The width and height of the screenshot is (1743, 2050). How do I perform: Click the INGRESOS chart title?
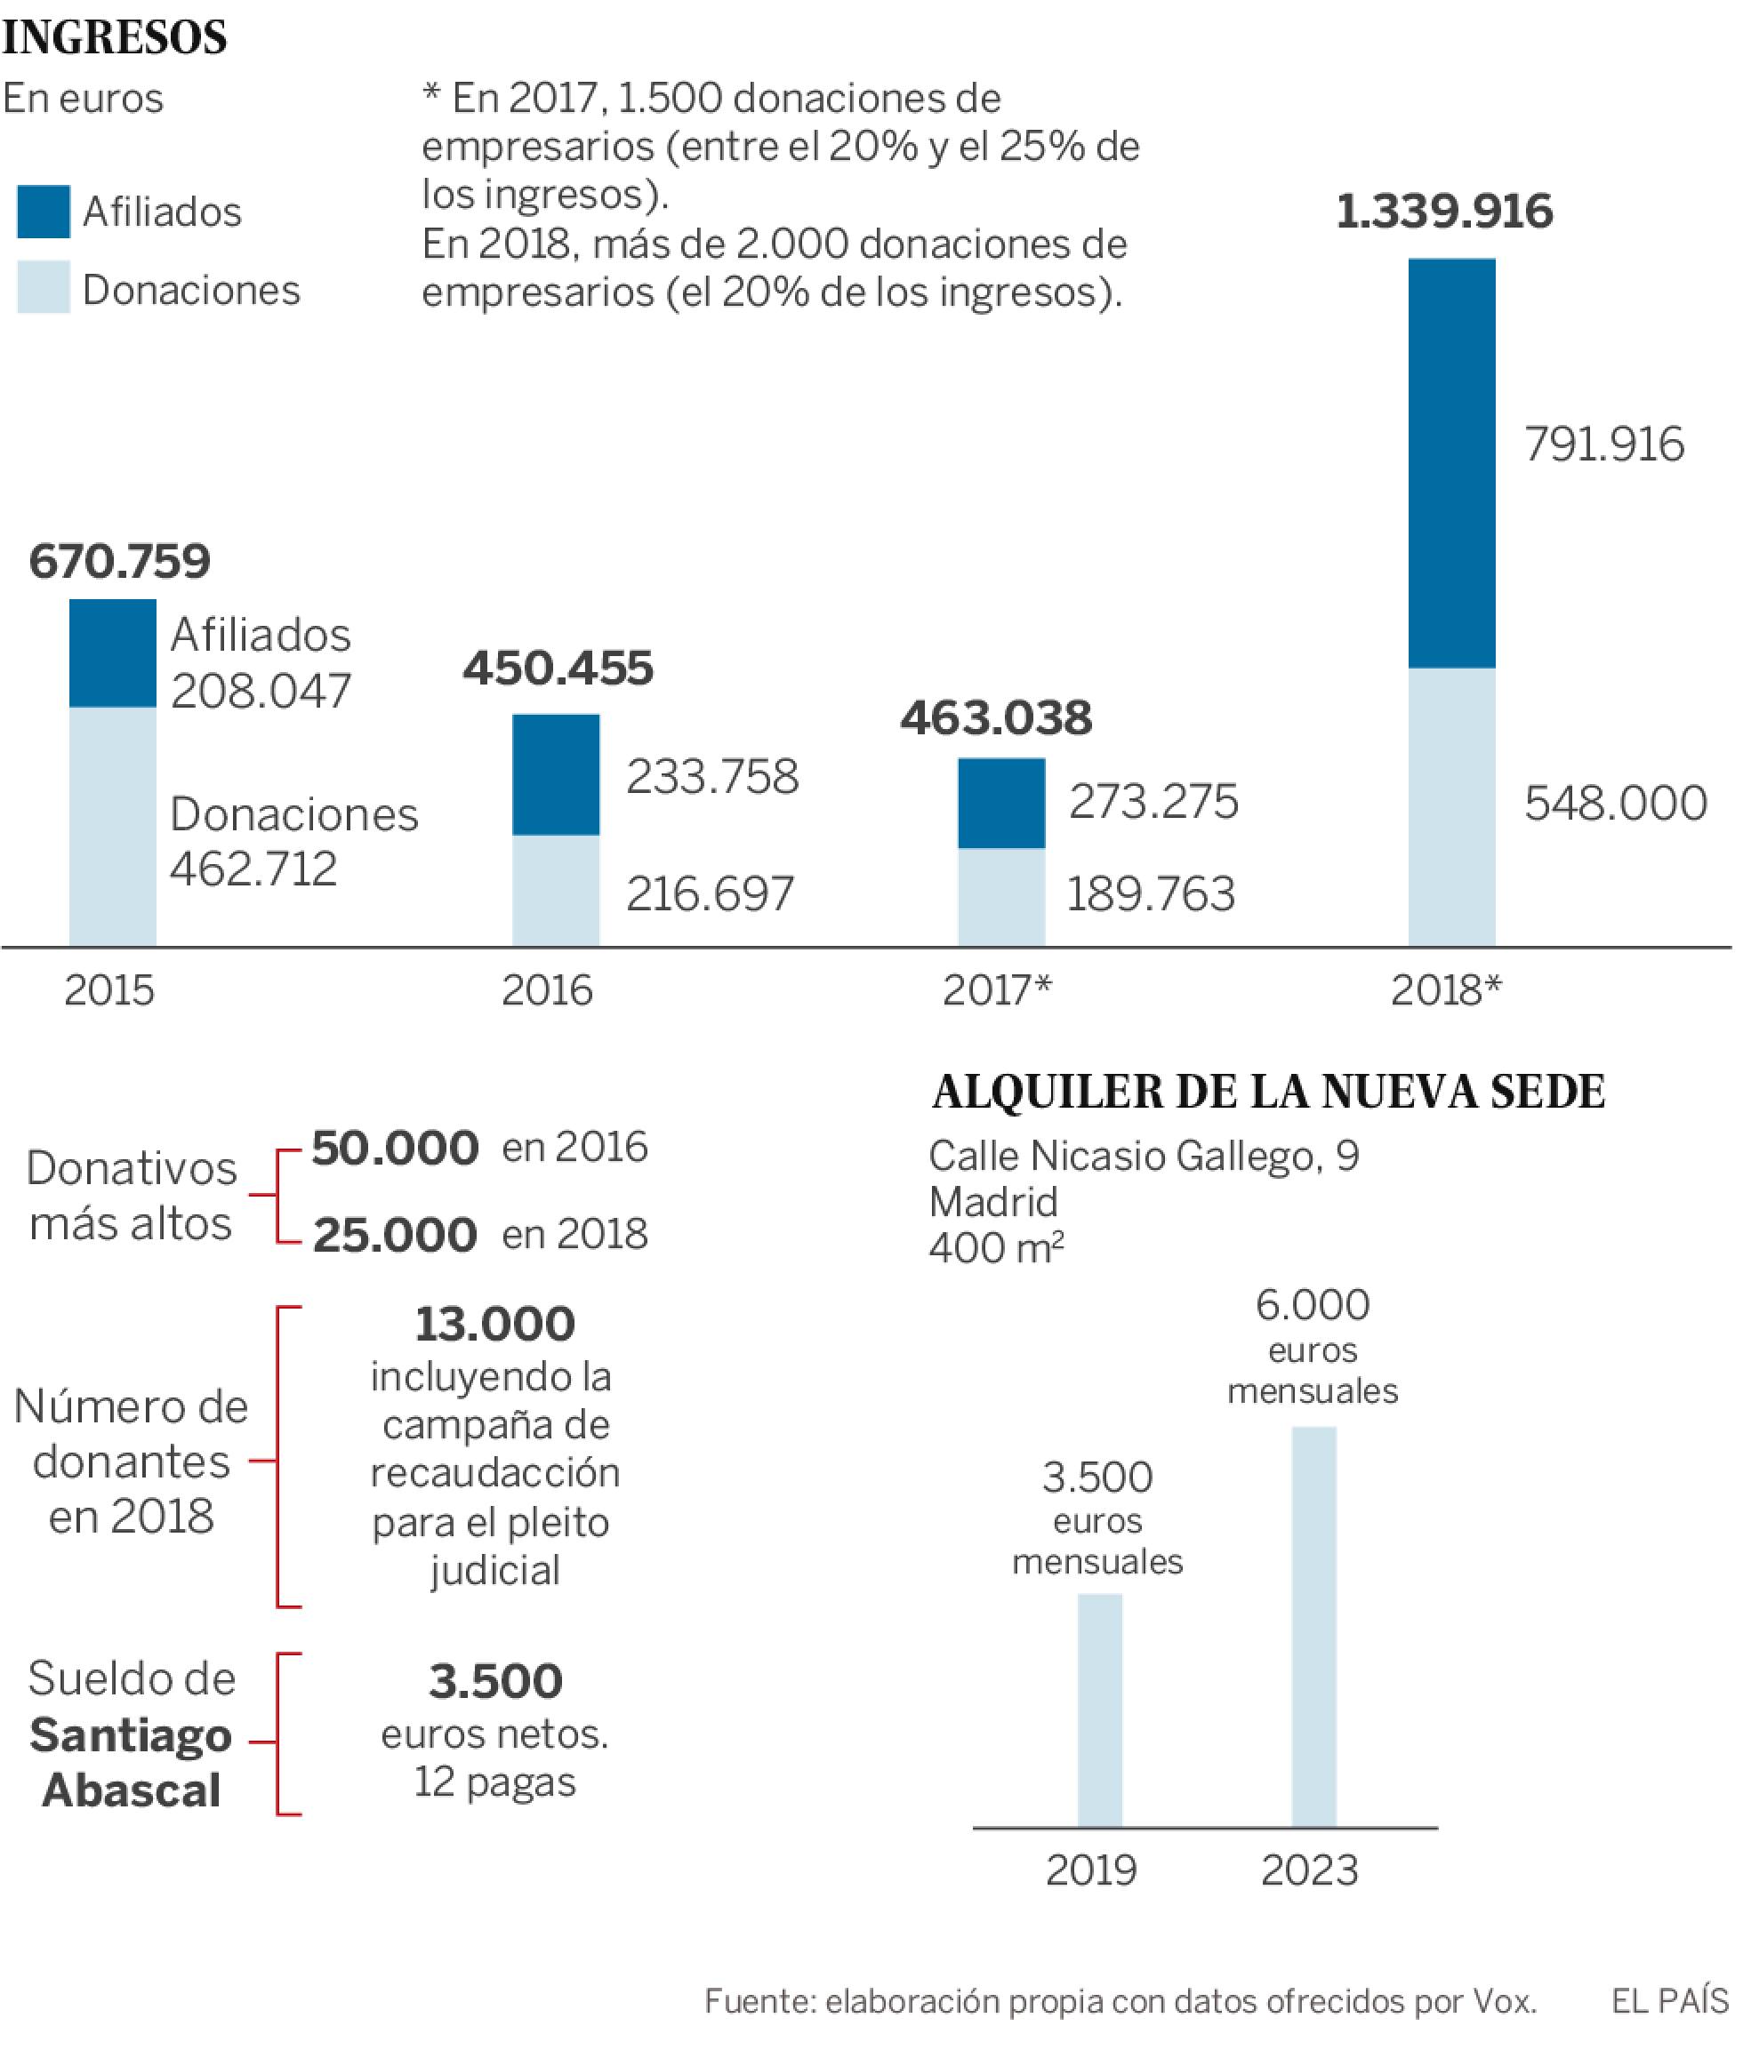[115, 37]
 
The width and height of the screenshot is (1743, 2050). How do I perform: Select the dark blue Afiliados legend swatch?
[44, 212]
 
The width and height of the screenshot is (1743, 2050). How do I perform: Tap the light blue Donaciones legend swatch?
[44, 287]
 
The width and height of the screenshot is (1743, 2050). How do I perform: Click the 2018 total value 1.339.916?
[1443, 212]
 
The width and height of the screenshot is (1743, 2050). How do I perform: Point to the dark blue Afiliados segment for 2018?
[1450, 463]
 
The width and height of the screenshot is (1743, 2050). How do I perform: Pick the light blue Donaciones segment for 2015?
[113, 826]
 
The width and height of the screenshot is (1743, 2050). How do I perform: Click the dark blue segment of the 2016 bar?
[555, 774]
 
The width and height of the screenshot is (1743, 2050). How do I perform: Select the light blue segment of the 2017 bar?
[1001, 896]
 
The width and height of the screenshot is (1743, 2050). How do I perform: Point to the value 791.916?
[1602, 444]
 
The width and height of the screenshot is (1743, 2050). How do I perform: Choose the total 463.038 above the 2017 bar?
[996, 718]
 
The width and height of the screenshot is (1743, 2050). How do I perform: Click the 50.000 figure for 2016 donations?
[395, 1148]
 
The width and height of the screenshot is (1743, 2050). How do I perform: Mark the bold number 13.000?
[495, 1324]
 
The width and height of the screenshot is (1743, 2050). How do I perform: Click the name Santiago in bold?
[131, 1736]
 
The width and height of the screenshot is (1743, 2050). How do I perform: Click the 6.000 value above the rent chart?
[1313, 1305]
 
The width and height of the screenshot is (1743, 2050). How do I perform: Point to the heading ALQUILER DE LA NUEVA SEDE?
[1268, 1092]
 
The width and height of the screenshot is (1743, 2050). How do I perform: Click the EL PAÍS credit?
[1669, 2002]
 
